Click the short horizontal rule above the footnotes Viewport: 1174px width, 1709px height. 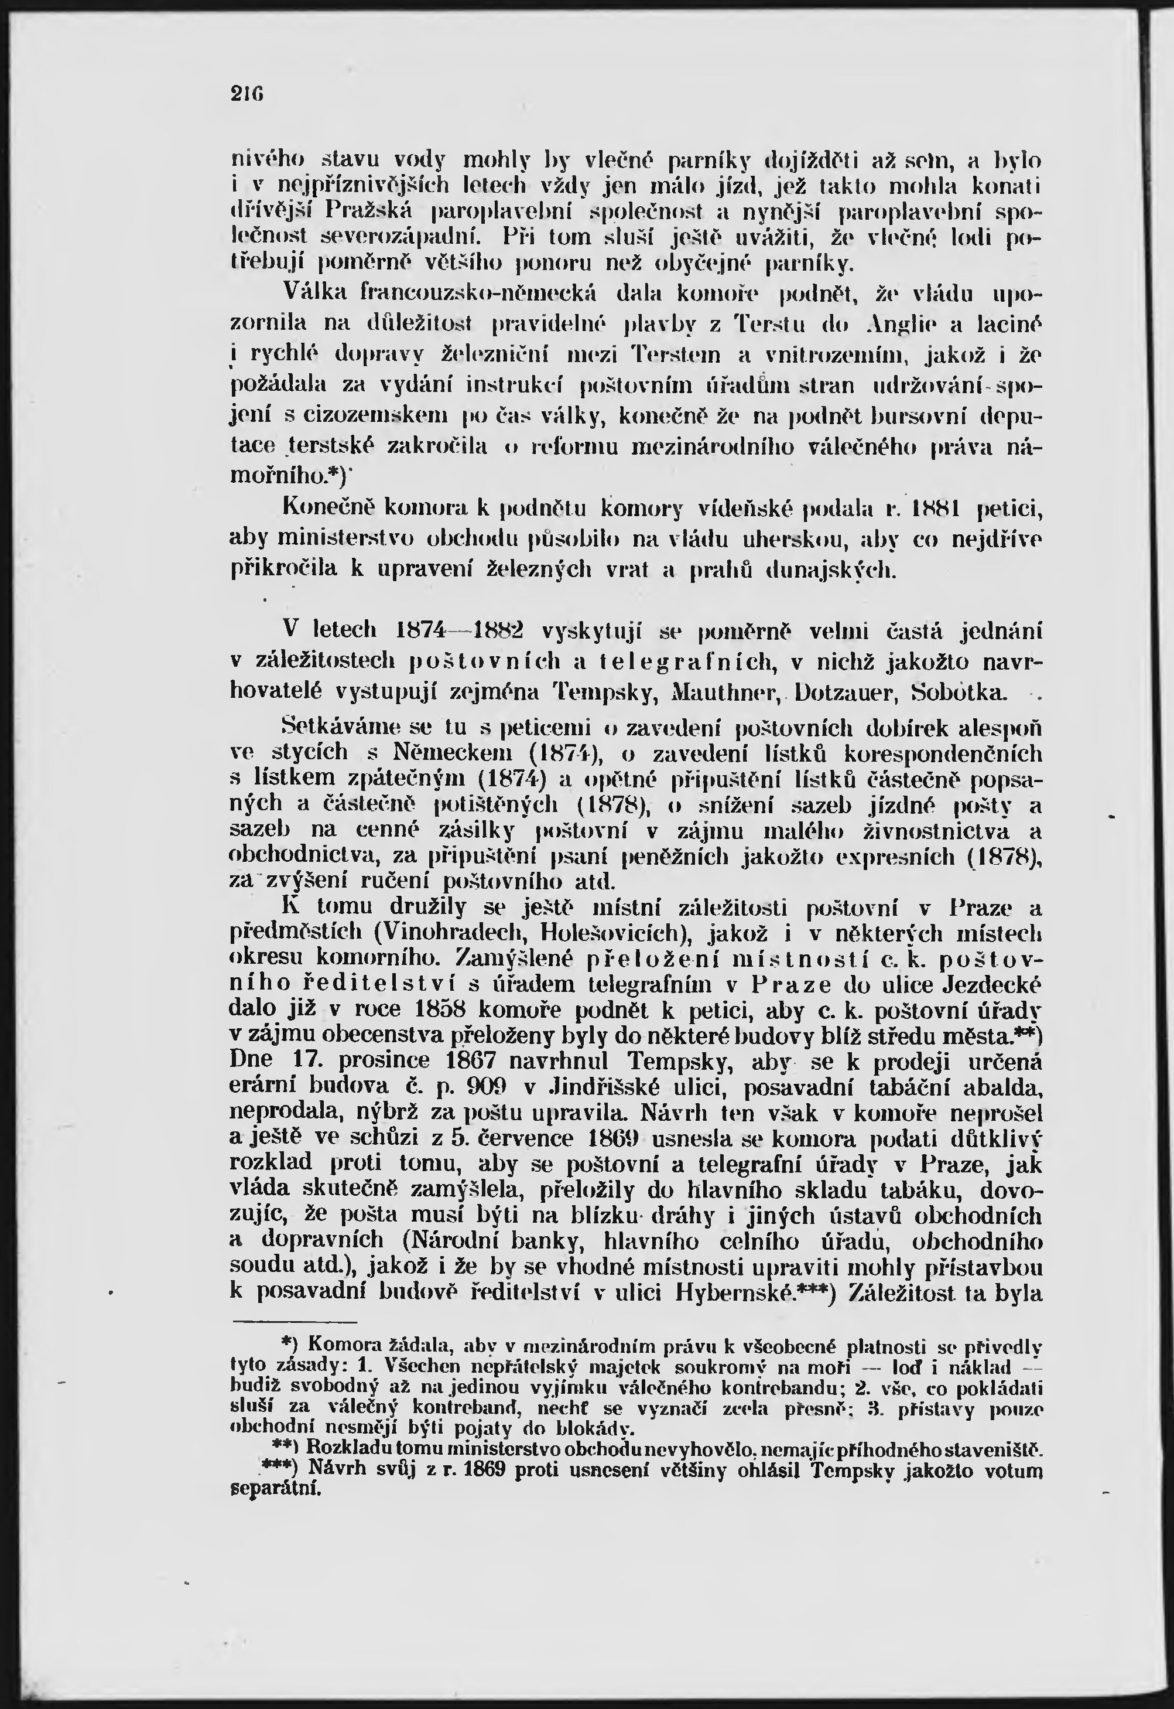(295, 1321)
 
